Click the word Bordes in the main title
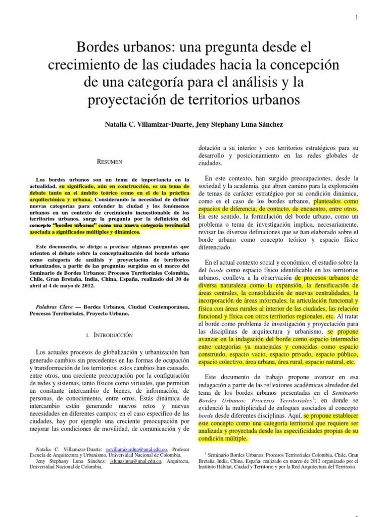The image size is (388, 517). point(97,48)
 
